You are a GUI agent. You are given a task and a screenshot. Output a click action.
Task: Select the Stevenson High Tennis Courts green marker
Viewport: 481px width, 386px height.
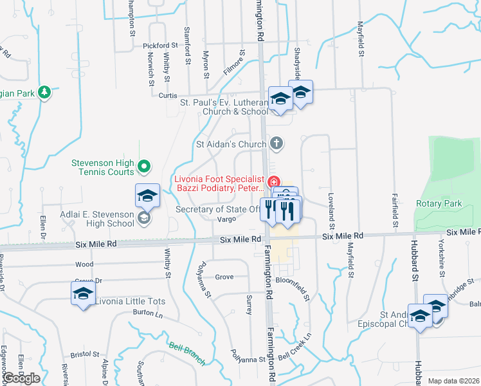(x=145, y=167)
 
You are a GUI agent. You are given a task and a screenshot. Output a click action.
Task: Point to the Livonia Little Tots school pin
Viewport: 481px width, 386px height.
(x=82, y=294)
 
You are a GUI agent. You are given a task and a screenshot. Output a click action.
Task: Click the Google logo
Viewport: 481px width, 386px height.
(x=22, y=379)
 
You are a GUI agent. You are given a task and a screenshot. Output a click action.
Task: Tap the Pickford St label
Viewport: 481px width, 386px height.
(x=161, y=46)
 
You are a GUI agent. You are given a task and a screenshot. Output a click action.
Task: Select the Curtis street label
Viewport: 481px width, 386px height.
(x=168, y=95)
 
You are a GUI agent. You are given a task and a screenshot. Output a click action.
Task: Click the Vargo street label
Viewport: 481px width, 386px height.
(x=226, y=219)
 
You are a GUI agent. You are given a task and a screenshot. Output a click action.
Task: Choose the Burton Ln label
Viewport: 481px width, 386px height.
(x=148, y=313)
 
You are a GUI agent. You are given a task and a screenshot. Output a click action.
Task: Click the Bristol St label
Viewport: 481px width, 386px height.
(x=85, y=354)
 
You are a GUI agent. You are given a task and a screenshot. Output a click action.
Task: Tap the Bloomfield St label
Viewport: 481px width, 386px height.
(x=293, y=281)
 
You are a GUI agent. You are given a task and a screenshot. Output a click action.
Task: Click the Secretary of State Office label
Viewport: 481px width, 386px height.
(x=219, y=209)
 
